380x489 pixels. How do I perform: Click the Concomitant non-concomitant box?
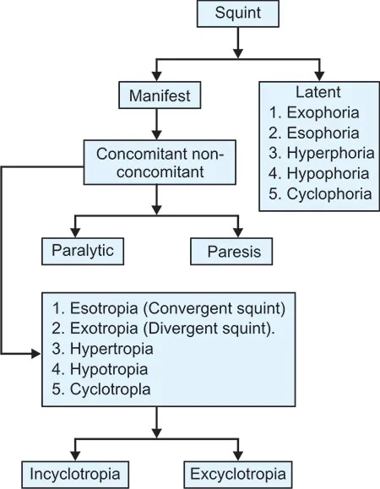click(157, 164)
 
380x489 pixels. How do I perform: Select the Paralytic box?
click(83, 251)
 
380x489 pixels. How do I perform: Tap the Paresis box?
click(231, 251)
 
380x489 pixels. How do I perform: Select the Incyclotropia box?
click(76, 470)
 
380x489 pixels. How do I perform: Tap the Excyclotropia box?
click(237, 470)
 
